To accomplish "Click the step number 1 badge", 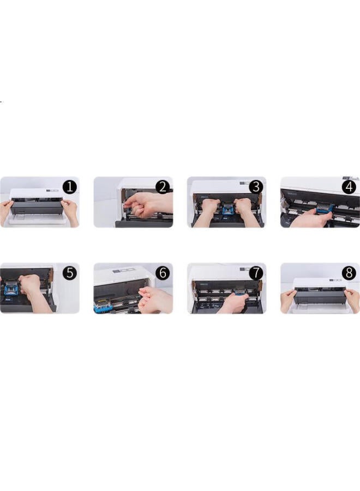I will pyautogui.click(x=69, y=187).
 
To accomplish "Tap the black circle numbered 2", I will pyautogui.click(x=163, y=187).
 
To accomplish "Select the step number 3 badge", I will pyautogui.click(x=256, y=187).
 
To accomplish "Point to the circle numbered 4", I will pyautogui.click(x=349, y=187).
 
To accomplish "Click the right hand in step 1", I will pyautogui.click(x=71, y=210).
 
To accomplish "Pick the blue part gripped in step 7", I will pyautogui.click(x=239, y=297).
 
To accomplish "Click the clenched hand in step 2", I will pyautogui.click(x=145, y=205).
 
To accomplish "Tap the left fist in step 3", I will pyautogui.click(x=209, y=206).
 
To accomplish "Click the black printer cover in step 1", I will pyautogui.click(x=38, y=206).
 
